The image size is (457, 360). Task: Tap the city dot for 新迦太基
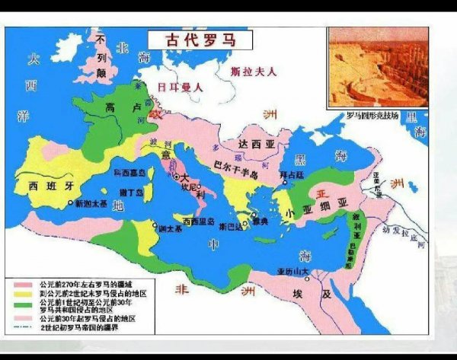(71, 203)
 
